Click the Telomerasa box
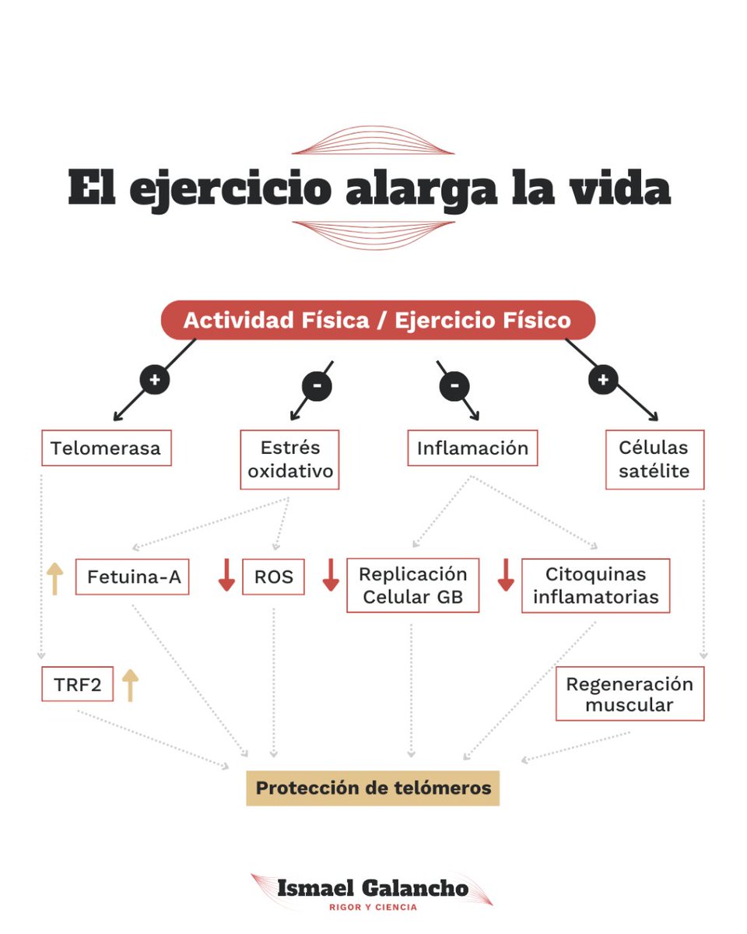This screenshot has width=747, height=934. pos(106,448)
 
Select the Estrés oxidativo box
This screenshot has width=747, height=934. pos(289,459)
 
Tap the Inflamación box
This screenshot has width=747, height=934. pos(472,448)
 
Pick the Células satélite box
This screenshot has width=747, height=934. pos(654,459)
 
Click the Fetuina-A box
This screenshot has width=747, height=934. pos(132,577)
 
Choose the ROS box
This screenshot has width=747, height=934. pos(273,577)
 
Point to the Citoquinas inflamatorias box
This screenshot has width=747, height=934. pos(596,585)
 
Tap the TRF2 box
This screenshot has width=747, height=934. pos(77,683)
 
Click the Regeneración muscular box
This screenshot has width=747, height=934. pos(630,693)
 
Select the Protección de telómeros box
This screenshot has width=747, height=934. pos(373,788)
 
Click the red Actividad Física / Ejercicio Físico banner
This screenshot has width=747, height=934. pos(377,320)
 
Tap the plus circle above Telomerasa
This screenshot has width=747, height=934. pos(155,380)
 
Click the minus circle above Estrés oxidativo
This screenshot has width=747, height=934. pos(317,385)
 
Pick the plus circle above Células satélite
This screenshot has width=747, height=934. pos(602,380)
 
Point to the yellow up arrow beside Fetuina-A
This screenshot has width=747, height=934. pos(54,578)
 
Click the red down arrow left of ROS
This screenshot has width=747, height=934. pos(226,575)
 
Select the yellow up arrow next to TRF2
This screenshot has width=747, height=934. pos(130,684)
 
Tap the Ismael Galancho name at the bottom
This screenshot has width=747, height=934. pos(373,888)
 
